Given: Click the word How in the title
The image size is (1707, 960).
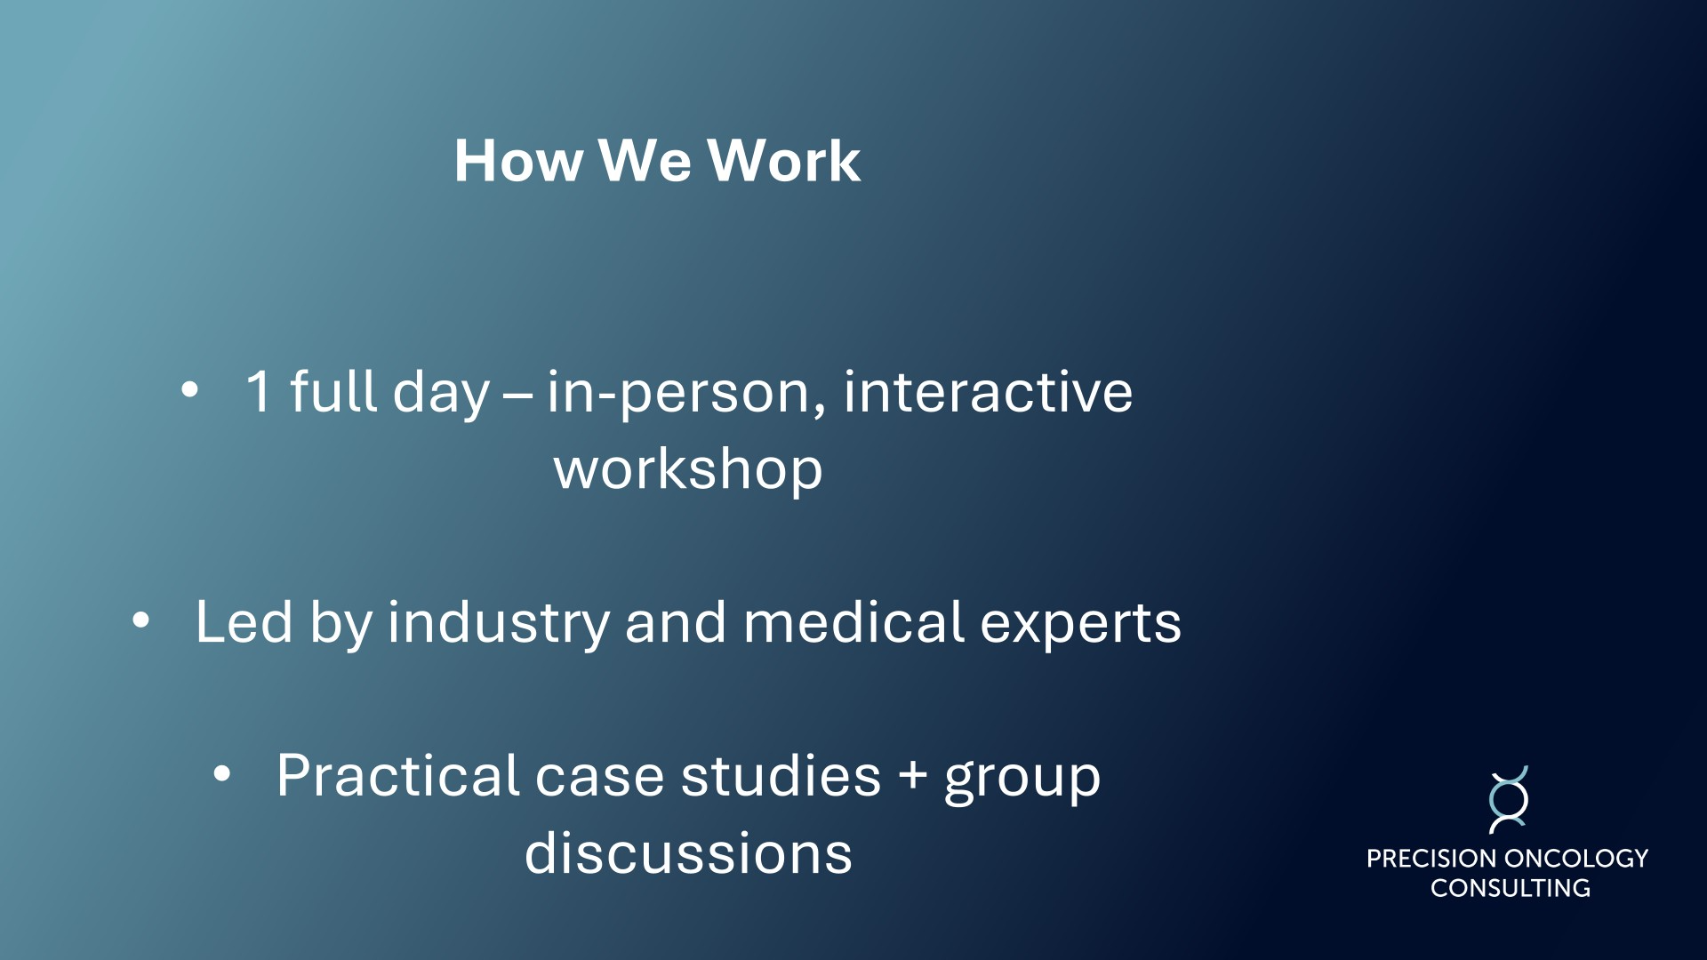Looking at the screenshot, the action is pos(519,161).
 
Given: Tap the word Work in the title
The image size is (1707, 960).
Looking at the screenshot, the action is pos(783,161).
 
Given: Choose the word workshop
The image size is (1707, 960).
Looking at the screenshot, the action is pos(688,468).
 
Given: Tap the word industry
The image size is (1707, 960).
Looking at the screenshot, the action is pos(499,623).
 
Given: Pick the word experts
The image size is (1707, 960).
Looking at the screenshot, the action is pos(1081,625).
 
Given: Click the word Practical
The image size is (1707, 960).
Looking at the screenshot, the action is pos(397,775).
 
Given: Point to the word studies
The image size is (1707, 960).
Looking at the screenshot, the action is pos(781,775).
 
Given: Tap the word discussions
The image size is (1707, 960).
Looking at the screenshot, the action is pos(688,853).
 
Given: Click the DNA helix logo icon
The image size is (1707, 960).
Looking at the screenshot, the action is pos(1509,800).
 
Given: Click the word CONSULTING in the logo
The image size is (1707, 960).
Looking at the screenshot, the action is pos(1510,888).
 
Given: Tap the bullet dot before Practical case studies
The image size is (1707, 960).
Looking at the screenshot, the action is pos(221,774).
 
